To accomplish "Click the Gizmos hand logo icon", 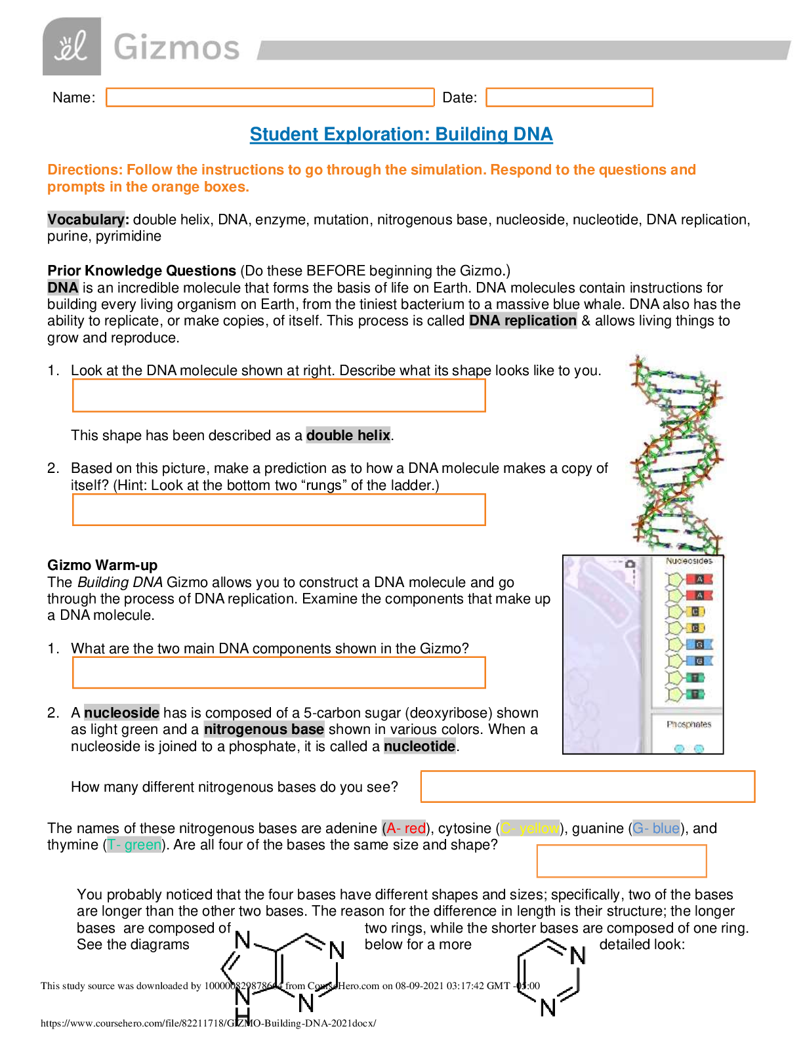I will (x=72, y=47).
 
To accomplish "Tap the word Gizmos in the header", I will (x=176, y=48).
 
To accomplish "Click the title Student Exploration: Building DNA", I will (x=401, y=134).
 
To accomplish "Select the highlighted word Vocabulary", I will (x=86, y=219).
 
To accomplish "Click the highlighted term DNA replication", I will (x=523, y=320).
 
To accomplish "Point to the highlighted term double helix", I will (x=348, y=435).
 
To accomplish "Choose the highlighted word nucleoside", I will (x=122, y=712).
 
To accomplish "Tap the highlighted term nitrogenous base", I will (x=264, y=729).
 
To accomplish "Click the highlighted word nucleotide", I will (x=419, y=746).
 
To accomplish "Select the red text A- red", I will (x=405, y=828).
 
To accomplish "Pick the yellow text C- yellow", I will (x=530, y=828).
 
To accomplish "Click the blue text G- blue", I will (x=656, y=828).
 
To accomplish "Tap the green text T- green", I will (x=134, y=844).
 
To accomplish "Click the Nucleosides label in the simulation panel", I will (x=689, y=561).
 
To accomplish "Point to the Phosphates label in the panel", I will (x=689, y=724).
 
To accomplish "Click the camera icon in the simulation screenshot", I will (x=630, y=563).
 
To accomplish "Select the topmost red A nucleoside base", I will (x=699, y=579).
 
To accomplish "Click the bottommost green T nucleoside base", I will (x=695, y=693).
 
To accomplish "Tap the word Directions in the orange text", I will (x=84, y=170).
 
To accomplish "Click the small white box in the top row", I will (x=460, y=97).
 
